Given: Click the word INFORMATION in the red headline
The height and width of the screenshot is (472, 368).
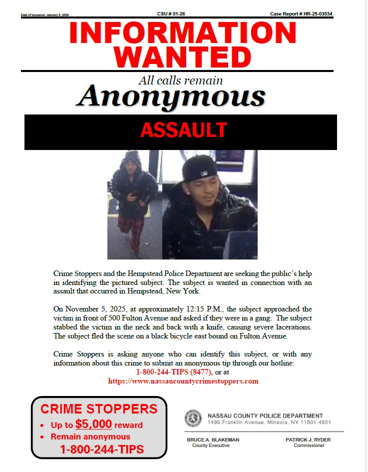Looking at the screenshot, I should tap(183, 33).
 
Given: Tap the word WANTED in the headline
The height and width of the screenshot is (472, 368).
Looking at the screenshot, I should tap(185, 57).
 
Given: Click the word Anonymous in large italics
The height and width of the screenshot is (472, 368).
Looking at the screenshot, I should tap(171, 96).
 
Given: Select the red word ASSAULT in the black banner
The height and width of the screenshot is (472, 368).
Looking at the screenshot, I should tap(183, 130).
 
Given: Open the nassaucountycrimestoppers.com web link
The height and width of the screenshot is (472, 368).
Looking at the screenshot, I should tap(183, 381).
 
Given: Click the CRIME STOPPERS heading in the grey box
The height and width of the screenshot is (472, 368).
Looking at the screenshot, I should tap(99, 408).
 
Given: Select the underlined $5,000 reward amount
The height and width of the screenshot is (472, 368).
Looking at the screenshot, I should tap(93, 424).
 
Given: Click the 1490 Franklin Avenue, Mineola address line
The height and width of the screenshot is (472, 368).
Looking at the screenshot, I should tap(262, 422).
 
